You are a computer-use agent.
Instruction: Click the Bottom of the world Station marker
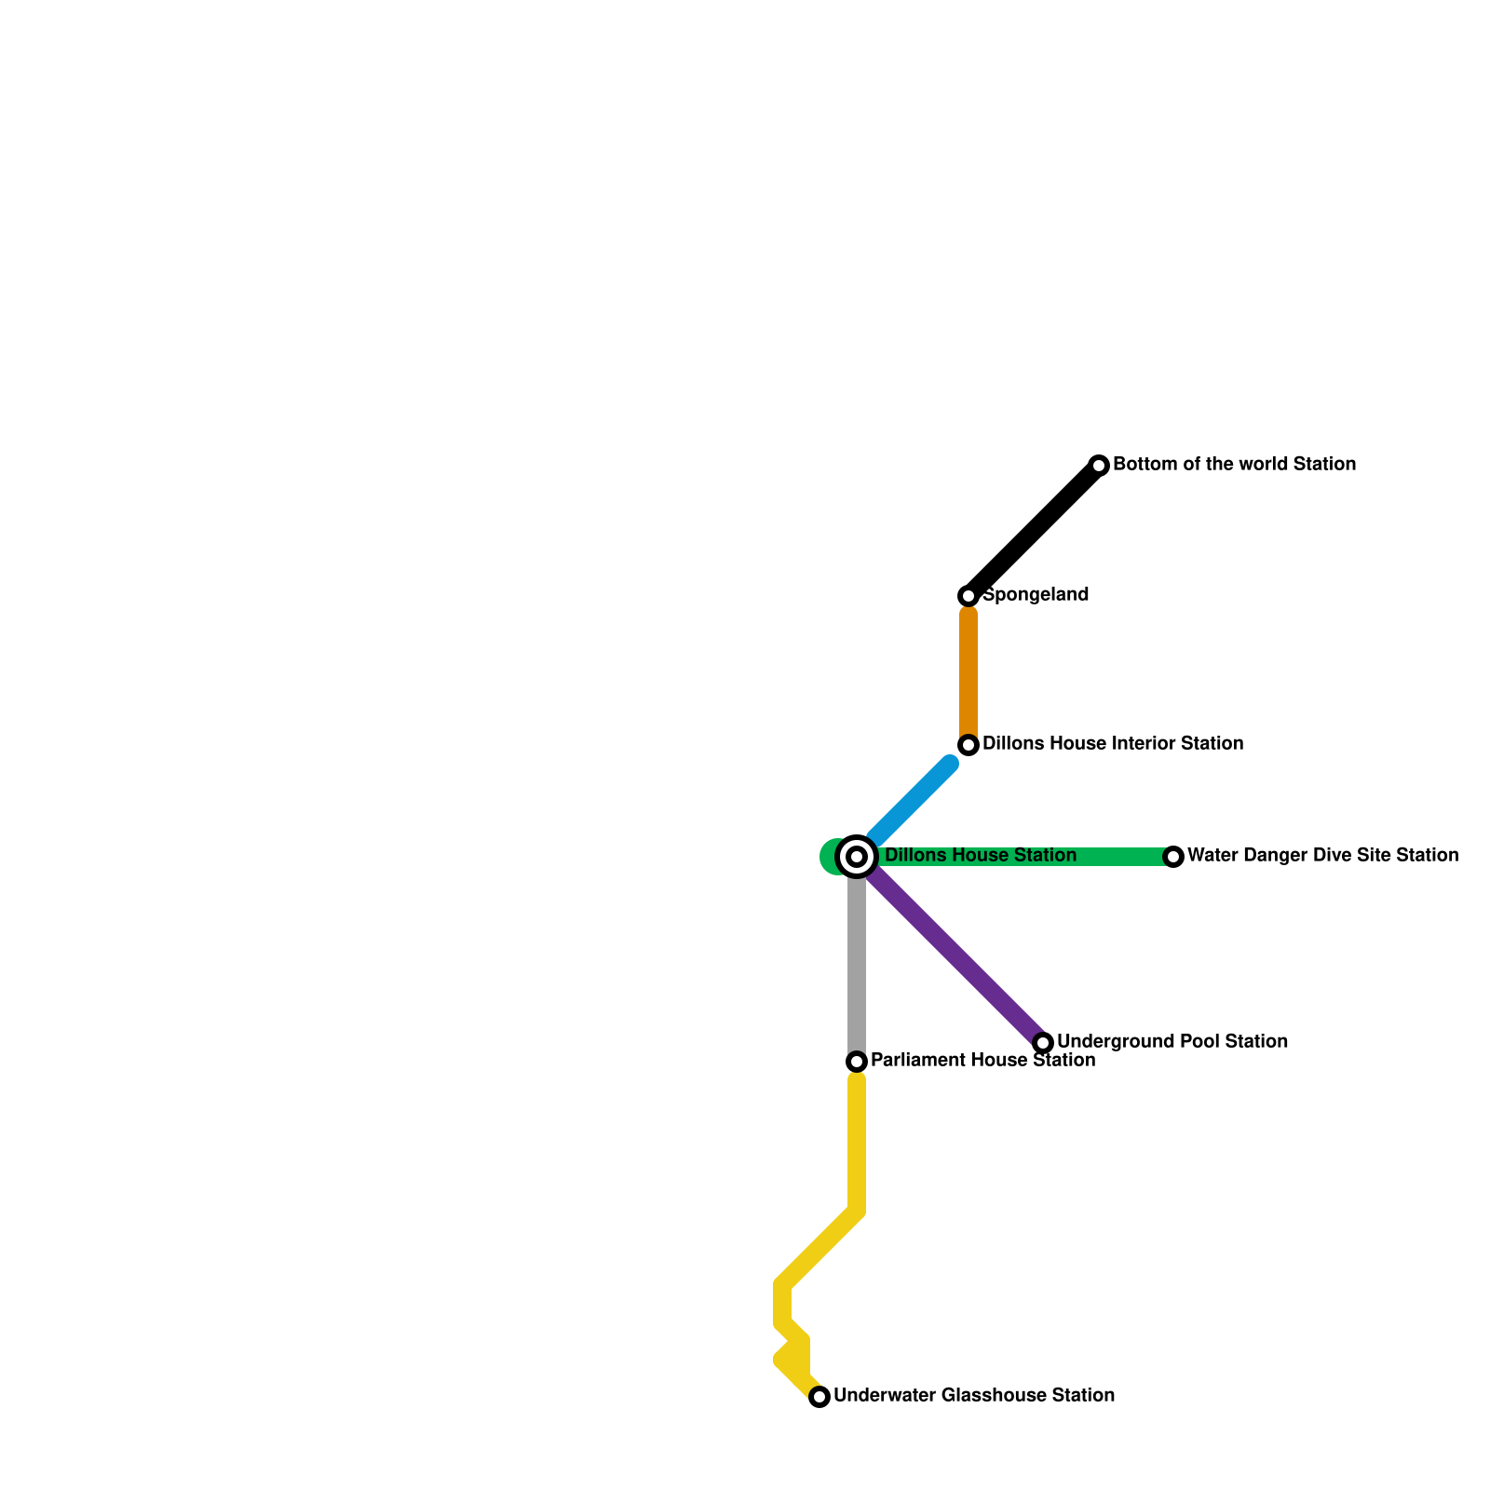[1099, 466]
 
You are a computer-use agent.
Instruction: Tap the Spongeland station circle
[968, 596]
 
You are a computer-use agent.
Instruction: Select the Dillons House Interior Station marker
[968, 745]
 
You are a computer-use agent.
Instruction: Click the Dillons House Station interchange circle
[857, 857]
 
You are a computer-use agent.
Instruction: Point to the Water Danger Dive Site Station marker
[1173, 857]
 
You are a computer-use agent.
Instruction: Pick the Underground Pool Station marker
[1043, 1043]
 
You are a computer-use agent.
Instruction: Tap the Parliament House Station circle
[857, 1062]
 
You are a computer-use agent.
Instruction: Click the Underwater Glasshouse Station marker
[819, 1397]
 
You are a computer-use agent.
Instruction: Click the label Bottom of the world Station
[1234, 464]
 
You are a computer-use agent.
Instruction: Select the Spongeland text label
[1036, 594]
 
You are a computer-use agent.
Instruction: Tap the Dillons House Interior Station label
[1113, 743]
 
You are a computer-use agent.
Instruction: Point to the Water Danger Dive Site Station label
[1322, 855]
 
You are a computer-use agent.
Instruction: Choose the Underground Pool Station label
[1172, 1041]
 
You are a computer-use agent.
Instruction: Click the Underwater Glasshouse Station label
[974, 1395]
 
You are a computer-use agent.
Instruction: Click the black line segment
[1034, 531]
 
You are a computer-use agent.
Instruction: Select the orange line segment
[968, 670]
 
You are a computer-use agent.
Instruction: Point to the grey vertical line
[857, 968]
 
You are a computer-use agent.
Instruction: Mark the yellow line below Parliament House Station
[857, 1145]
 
